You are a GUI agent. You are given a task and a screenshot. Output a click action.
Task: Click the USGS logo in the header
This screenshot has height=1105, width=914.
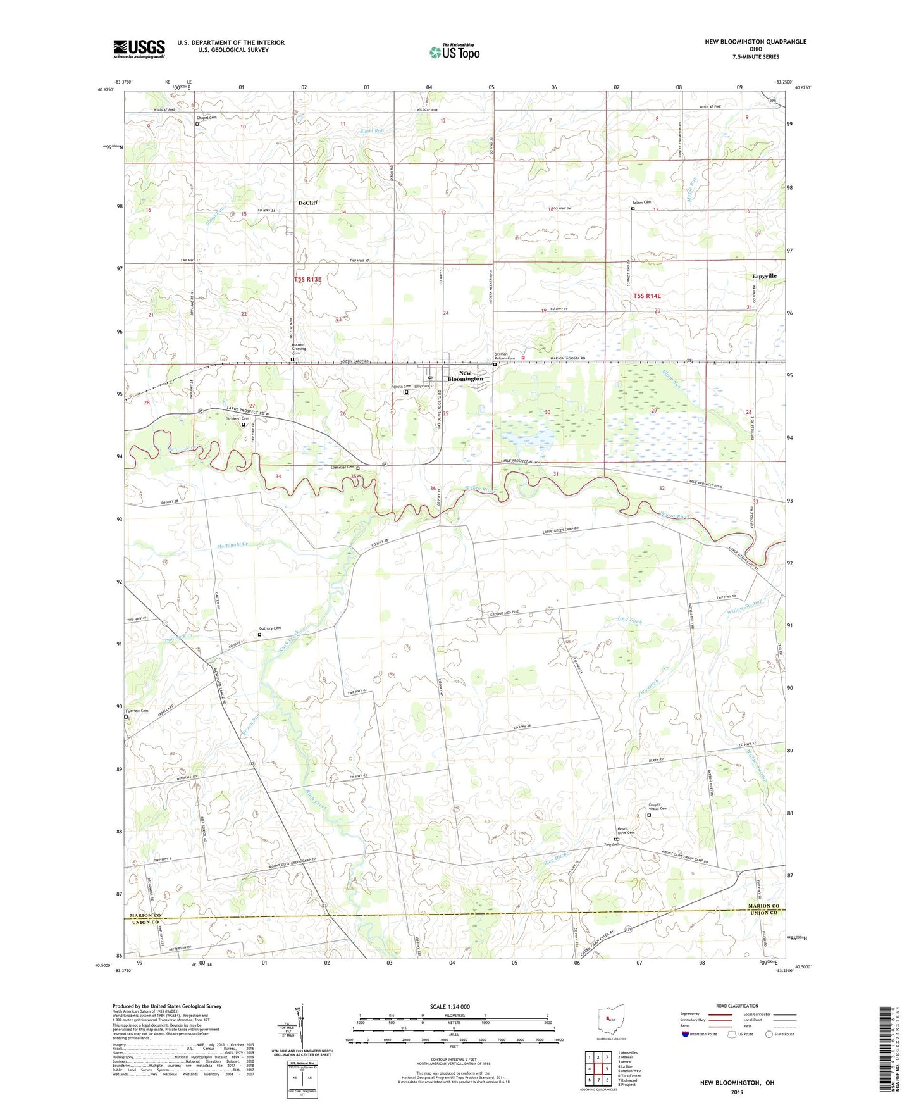(x=139, y=49)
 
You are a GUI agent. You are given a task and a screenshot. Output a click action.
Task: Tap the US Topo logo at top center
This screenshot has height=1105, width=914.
(x=454, y=52)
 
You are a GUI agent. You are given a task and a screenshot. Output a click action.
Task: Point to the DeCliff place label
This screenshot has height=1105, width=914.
(x=308, y=203)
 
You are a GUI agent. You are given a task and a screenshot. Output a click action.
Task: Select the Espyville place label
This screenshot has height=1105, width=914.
(x=764, y=276)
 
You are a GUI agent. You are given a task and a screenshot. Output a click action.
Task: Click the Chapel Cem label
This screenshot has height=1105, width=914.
(x=206, y=117)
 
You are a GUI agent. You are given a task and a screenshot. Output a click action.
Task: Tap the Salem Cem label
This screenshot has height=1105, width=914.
(x=641, y=203)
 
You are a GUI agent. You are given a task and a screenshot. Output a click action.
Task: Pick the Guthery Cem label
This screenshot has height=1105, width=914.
(x=269, y=628)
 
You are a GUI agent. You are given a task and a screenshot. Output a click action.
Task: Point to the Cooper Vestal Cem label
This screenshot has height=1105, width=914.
(x=658, y=807)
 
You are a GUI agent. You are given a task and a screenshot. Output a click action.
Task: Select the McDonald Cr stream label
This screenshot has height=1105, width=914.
(x=235, y=544)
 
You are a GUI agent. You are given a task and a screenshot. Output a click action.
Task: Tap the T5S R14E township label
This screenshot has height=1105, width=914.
(x=646, y=296)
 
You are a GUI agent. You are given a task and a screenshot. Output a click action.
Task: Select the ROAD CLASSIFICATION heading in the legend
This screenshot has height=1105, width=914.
(x=738, y=1006)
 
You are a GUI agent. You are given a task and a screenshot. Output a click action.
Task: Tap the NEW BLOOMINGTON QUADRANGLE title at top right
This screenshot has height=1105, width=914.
(x=755, y=42)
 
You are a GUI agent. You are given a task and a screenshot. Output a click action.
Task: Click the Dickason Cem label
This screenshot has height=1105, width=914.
(x=237, y=418)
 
